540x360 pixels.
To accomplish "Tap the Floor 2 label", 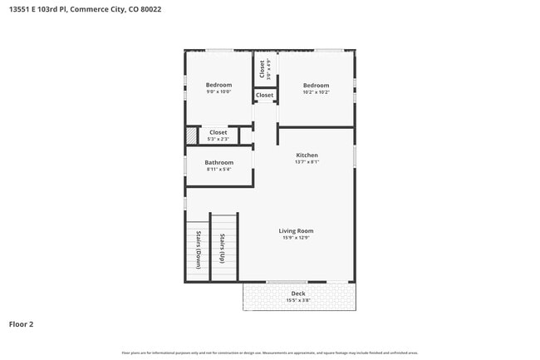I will (x=22, y=323).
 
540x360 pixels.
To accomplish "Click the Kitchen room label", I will (x=307, y=155).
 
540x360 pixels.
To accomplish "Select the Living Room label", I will (x=296, y=230).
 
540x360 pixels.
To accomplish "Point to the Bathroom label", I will (x=219, y=162).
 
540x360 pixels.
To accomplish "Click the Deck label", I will (x=298, y=293).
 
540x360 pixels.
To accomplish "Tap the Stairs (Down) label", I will (x=199, y=249).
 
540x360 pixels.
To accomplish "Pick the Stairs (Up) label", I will (x=223, y=249).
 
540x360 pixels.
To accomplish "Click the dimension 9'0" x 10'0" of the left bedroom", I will (x=219, y=92).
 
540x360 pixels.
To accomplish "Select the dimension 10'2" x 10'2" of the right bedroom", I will (x=316, y=92).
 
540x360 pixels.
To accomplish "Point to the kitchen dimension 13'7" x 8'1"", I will (x=307, y=162).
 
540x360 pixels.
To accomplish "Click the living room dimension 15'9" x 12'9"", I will (x=296, y=237).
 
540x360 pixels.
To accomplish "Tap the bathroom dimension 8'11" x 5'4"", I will (x=219, y=170).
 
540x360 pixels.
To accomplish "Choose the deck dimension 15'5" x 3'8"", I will (x=298, y=300).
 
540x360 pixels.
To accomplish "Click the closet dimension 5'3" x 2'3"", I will (x=218, y=139).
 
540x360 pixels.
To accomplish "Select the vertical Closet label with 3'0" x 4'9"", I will (x=264, y=69).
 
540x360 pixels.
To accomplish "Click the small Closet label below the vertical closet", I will (x=264, y=96).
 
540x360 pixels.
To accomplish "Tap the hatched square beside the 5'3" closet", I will (x=192, y=135).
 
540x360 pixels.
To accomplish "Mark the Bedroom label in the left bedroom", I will (x=219, y=85).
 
